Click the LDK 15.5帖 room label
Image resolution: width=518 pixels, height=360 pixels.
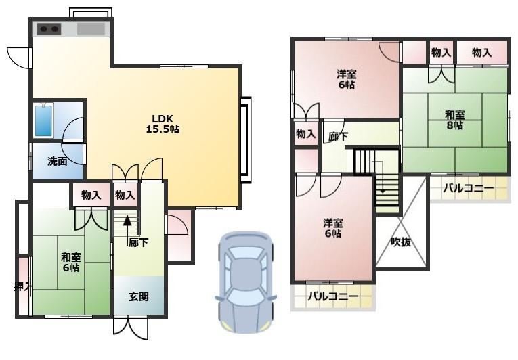coord(163,124)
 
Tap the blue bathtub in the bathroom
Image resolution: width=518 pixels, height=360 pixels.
coord(43,120)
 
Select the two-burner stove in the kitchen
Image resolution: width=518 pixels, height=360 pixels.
coord(49,29)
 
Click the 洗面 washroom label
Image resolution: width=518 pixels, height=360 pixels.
coord(58,162)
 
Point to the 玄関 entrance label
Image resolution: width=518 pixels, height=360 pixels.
coord(138,297)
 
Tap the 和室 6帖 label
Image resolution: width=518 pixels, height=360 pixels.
coord(71,263)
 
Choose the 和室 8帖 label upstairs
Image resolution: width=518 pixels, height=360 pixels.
coord(454,120)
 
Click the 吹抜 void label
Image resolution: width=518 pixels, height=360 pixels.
coord(401,242)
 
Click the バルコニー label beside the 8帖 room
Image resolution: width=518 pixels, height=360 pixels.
coord(469,188)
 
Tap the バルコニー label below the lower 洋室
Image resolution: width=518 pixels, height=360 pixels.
coord(333,296)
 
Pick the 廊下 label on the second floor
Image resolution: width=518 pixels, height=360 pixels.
coord(338,136)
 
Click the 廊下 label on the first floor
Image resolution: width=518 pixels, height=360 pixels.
coord(138,243)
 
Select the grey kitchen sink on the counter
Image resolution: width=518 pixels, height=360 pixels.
coord(91,29)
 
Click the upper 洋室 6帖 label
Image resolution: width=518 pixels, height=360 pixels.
coord(347,79)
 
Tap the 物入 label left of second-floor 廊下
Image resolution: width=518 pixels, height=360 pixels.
coord(305,134)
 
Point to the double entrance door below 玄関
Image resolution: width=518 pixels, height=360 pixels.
coord(131,328)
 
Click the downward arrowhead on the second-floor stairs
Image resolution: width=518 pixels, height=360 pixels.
coord(383,191)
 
